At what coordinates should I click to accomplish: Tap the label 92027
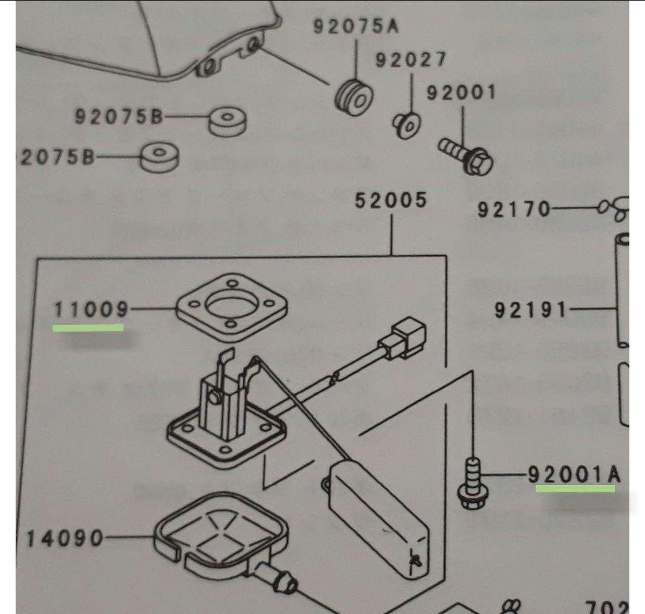pos(411,60)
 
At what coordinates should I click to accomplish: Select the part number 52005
pos(391,200)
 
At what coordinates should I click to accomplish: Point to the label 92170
pos(513,210)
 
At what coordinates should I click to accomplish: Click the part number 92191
pos(530,310)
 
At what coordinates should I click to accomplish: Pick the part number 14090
pos(64,539)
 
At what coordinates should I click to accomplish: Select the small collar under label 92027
pos(408,122)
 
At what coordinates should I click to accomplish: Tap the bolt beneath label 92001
pos(466,154)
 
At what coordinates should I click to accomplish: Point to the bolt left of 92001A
pos(473,484)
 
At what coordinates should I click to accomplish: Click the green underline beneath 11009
pos(88,327)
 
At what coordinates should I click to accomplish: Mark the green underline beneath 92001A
pos(575,488)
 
